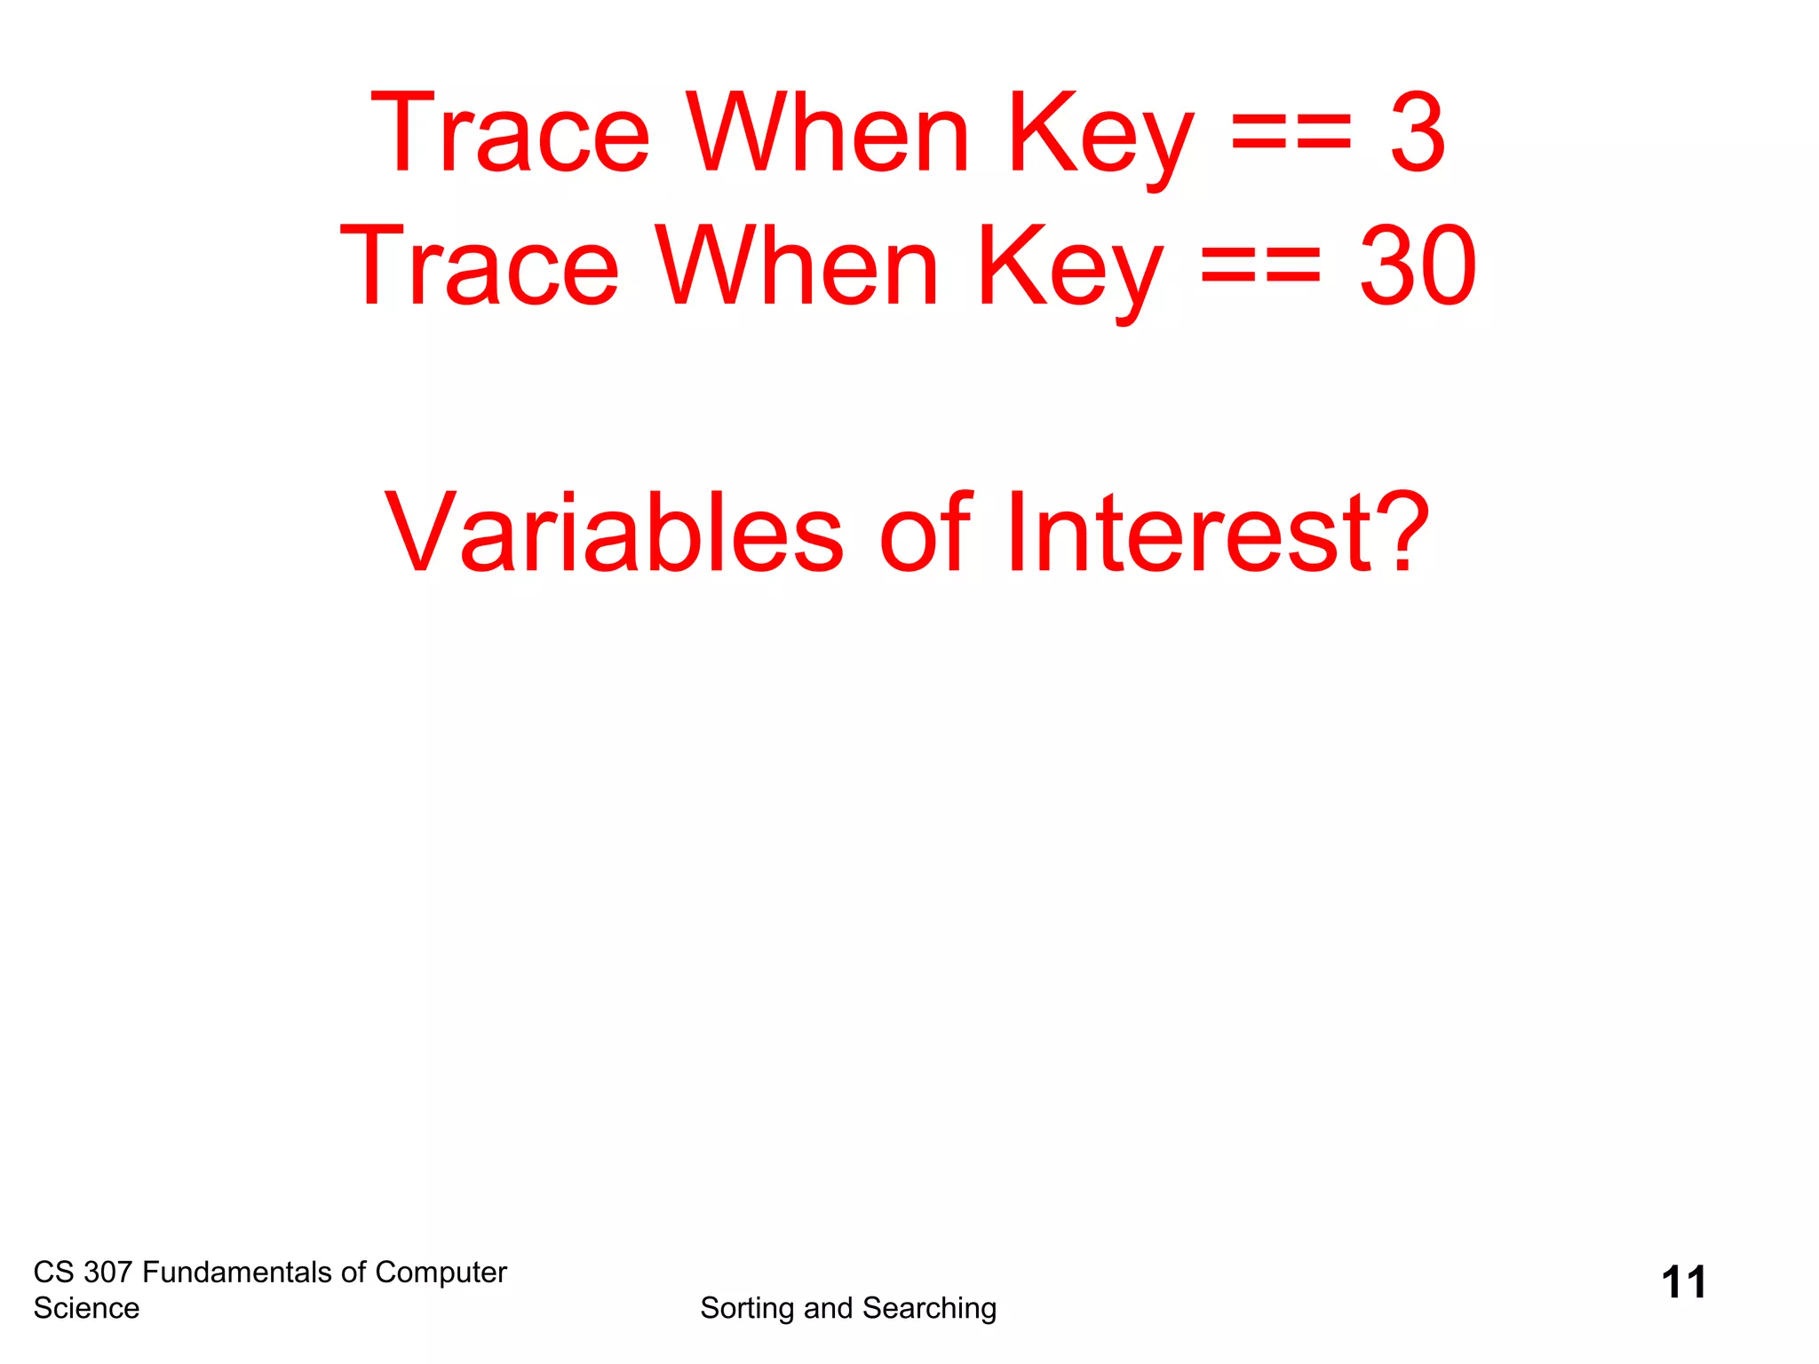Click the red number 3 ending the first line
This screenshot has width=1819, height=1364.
click(x=1418, y=133)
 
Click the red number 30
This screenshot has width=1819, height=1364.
click(x=1418, y=266)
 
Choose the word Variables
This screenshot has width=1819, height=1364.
click(x=614, y=533)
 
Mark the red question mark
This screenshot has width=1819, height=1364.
click(x=1398, y=533)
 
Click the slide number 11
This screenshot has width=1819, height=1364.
click(x=1683, y=1283)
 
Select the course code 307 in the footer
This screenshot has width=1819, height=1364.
click(x=107, y=1273)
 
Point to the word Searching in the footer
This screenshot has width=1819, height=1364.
click(x=929, y=1309)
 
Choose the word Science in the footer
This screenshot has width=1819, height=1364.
click(x=86, y=1309)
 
